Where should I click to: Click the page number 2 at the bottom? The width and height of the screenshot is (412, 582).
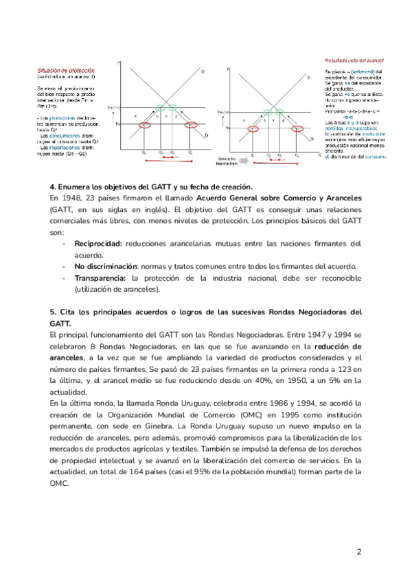pos(358,552)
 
